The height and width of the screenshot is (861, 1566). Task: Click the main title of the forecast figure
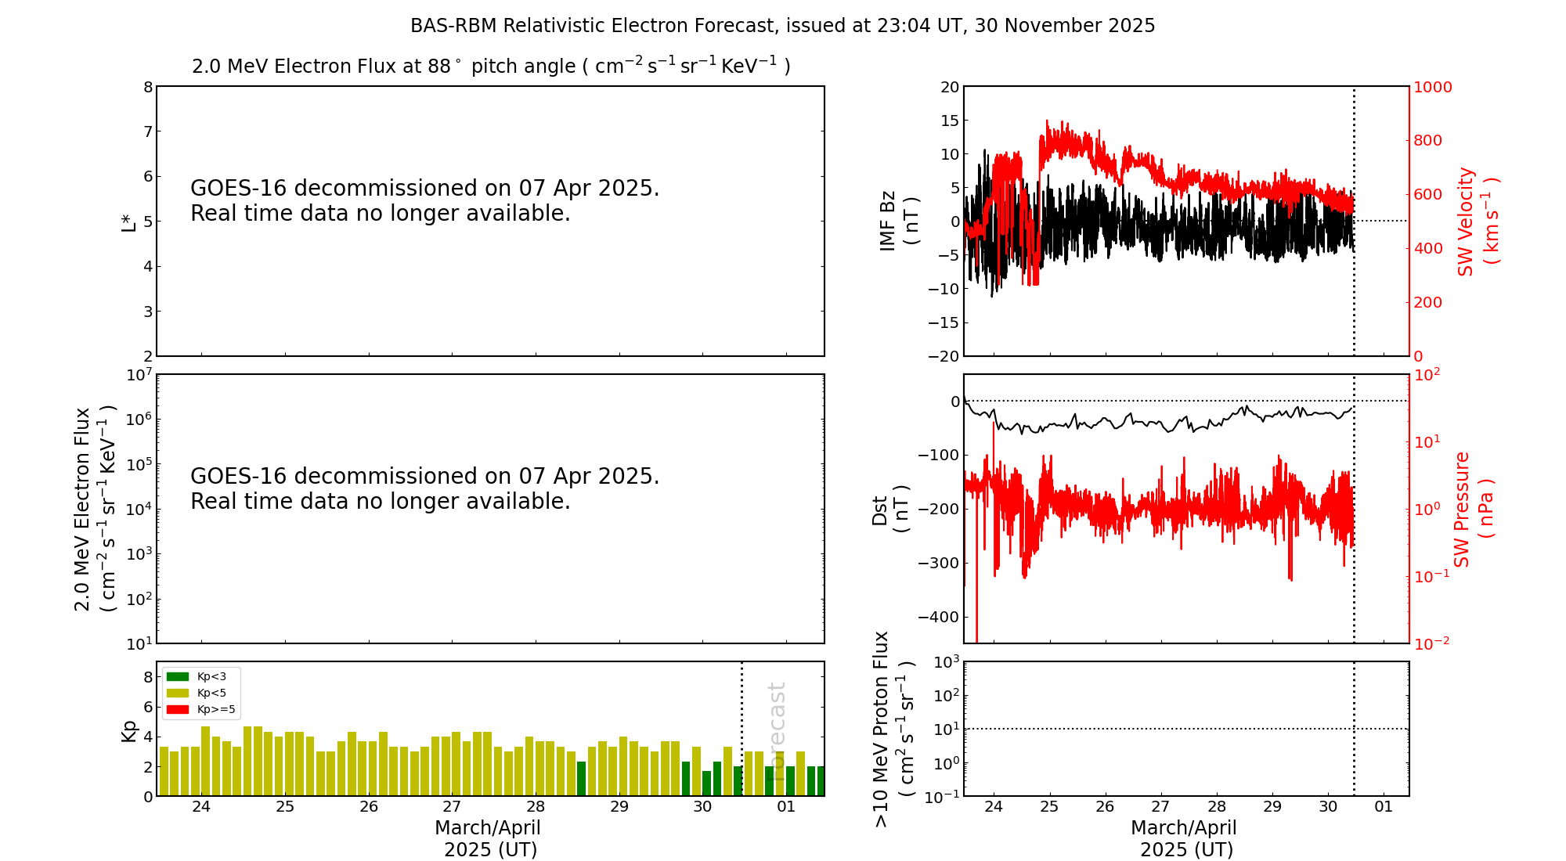pyautogui.click(x=782, y=26)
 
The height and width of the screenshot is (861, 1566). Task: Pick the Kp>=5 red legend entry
pyautogui.click(x=200, y=710)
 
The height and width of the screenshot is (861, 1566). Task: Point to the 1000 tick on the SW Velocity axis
pyautogui.click(x=1432, y=87)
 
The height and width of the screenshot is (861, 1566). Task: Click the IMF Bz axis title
pyautogui.click(x=898, y=221)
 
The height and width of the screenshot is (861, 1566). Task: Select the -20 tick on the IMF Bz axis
pyautogui.click(x=944, y=356)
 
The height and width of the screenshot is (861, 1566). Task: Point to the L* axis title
pyautogui.click(x=128, y=221)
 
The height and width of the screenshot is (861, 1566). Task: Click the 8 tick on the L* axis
pyautogui.click(x=147, y=87)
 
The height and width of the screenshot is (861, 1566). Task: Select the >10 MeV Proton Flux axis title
pyautogui.click(x=893, y=729)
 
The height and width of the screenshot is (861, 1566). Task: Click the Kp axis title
pyautogui.click(x=128, y=730)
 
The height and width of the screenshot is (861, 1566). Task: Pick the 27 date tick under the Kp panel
pyautogui.click(x=452, y=807)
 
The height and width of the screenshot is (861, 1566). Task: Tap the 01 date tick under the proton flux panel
pyautogui.click(x=1384, y=807)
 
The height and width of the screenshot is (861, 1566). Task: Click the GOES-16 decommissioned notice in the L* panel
pyautogui.click(x=424, y=201)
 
